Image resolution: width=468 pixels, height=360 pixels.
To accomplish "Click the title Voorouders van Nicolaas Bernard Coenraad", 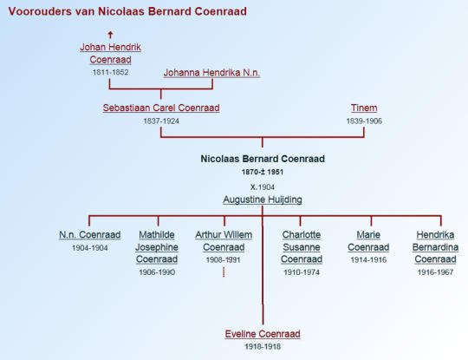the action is tap(127, 11).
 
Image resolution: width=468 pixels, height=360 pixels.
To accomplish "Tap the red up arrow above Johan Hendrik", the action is tap(110, 35).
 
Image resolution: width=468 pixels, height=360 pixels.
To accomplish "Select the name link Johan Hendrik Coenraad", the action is tap(110, 53).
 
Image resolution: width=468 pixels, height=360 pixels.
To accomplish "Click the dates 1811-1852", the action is tap(110, 72).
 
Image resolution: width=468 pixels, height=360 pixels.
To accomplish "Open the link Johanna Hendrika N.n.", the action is tap(211, 73).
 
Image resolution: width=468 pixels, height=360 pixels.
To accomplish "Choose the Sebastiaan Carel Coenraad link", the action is tap(161, 108).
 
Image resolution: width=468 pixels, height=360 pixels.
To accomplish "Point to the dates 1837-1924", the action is tap(161, 121).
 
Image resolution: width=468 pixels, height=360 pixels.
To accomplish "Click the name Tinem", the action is tap(364, 108).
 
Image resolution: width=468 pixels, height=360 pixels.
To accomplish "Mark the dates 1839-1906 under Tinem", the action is tap(364, 121).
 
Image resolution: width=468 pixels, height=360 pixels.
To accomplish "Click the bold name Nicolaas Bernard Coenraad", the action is tap(263, 159).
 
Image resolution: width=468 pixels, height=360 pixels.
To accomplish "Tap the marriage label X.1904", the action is tap(263, 187).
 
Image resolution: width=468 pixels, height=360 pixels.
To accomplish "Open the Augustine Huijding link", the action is tap(263, 200).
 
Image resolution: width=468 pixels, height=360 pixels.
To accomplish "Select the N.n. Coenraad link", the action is tap(90, 235).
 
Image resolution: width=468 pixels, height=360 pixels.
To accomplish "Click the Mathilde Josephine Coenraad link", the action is tap(157, 246).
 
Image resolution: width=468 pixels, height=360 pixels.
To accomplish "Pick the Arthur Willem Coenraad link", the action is tap(224, 241).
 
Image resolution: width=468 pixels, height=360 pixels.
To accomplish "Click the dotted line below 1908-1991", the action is tap(224, 272).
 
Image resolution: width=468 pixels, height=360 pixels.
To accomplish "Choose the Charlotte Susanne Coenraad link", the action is tap(302, 246).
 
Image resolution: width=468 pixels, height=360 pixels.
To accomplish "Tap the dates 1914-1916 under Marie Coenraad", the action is tap(368, 260).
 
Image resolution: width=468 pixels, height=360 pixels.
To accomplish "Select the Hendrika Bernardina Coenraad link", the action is tap(435, 246).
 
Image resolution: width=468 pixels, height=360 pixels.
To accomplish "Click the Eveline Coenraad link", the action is tap(263, 334).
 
